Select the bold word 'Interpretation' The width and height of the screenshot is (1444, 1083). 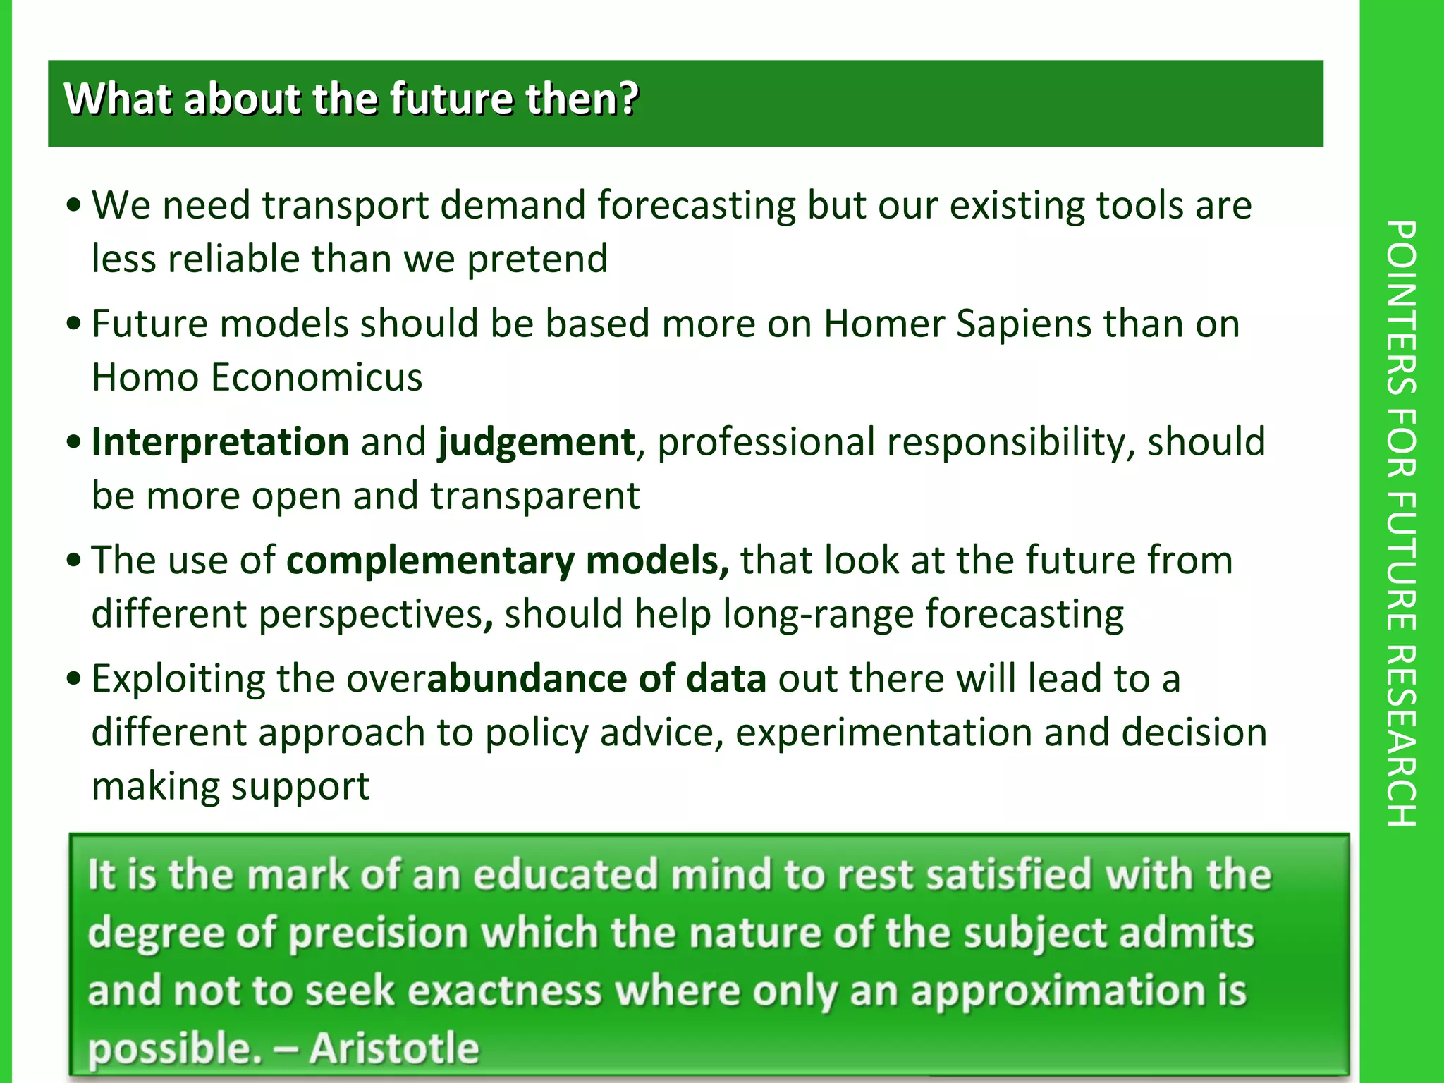(221, 442)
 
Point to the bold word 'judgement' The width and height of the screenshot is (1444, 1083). (537, 442)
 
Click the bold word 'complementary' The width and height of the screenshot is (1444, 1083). (430, 561)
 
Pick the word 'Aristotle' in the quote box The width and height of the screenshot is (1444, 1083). (394, 1048)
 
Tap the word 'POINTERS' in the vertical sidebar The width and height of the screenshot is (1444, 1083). (1401, 307)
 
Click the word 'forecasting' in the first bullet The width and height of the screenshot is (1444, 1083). (697, 205)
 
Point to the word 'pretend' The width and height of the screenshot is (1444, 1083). (537, 259)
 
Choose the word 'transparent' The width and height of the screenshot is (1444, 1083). (535, 496)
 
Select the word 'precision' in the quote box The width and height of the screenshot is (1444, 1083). (379, 933)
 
